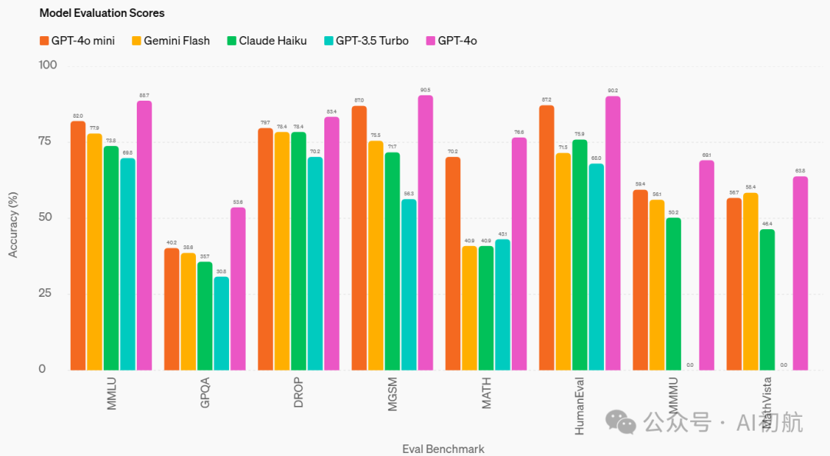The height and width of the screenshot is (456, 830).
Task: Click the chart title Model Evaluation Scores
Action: tap(101, 13)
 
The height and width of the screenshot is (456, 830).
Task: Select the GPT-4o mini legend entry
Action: tap(77, 41)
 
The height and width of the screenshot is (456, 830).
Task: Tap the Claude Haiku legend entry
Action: tap(267, 41)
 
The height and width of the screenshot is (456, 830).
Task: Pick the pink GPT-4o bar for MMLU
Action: tap(144, 235)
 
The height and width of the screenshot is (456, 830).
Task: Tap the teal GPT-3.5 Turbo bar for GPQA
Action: tap(221, 323)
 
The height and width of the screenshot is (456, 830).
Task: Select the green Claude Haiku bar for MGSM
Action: tap(392, 261)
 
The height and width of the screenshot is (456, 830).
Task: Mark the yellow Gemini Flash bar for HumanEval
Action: tap(563, 261)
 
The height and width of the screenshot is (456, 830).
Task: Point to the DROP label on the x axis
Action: tap(299, 392)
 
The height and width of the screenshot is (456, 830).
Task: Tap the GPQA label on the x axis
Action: tap(205, 392)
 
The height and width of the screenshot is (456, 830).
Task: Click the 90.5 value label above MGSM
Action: tap(426, 90)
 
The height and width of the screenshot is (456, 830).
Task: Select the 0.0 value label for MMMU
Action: tap(690, 364)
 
